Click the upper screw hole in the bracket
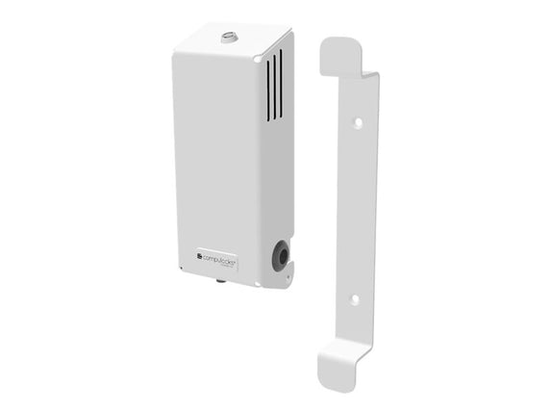point(357,124)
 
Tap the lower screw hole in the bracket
point(355,299)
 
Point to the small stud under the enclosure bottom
point(220,281)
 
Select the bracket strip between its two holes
point(356,212)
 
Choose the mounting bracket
point(351,212)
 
